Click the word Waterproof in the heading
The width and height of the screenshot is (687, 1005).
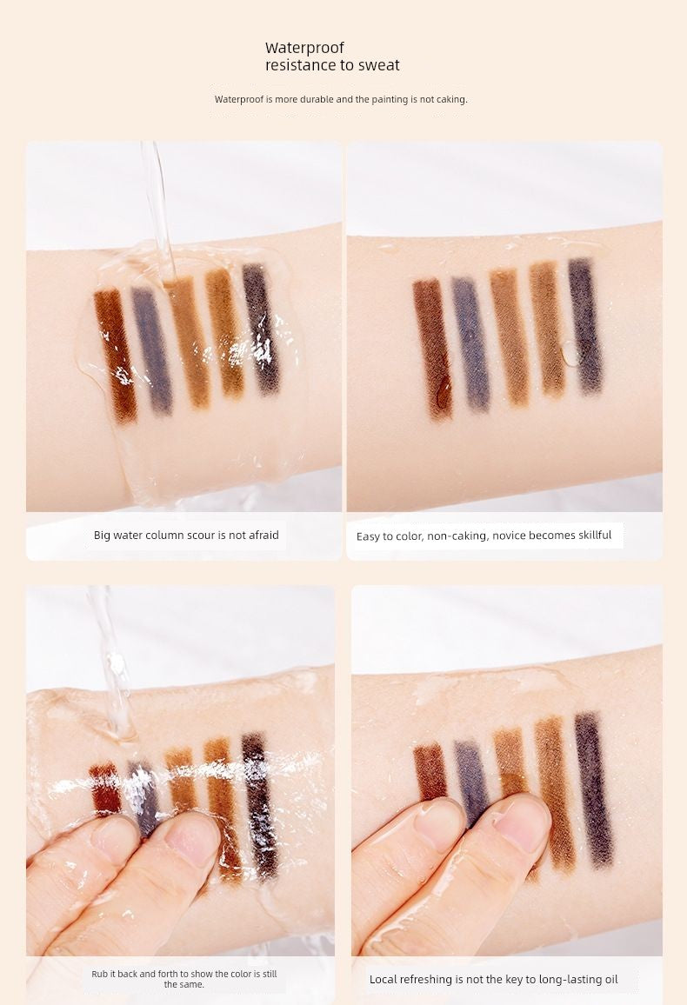tap(304, 48)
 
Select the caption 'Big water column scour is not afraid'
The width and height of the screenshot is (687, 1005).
tap(186, 536)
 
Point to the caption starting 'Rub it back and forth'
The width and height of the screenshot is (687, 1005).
tap(184, 979)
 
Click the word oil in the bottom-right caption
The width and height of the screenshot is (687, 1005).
tap(610, 980)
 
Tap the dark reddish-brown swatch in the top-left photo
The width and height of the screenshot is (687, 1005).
tap(116, 356)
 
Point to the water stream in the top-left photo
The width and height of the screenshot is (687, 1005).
tap(158, 209)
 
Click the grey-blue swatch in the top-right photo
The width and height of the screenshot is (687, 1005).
tap(470, 344)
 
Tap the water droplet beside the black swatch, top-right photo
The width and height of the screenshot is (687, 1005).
tap(570, 353)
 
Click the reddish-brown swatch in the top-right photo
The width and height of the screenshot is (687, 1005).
tap(432, 348)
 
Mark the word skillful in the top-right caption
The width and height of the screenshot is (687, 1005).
tap(587, 536)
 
